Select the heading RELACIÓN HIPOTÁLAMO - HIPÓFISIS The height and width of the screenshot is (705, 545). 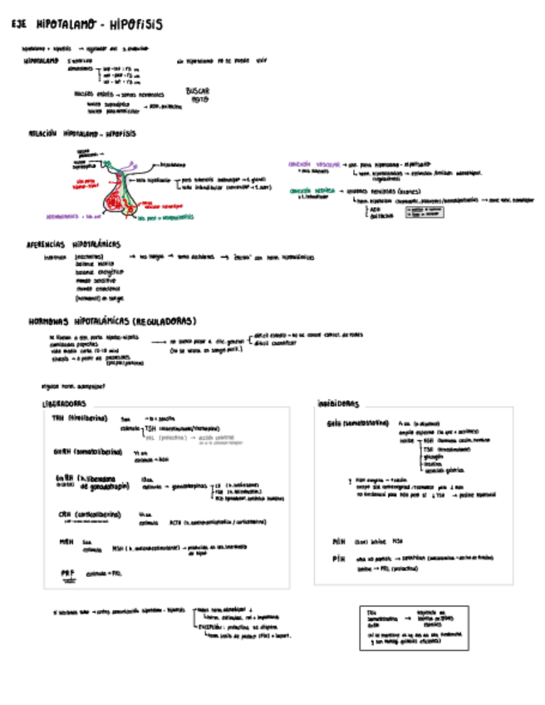pyautogui.click(x=82, y=133)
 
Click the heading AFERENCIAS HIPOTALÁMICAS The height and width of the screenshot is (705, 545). pyautogui.click(x=74, y=244)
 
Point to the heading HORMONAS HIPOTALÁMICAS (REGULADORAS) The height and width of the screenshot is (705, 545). pyautogui.click(x=112, y=321)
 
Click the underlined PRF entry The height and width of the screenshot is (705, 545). pyautogui.click(x=66, y=573)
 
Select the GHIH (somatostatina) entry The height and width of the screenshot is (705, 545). pyautogui.click(x=357, y=422)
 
